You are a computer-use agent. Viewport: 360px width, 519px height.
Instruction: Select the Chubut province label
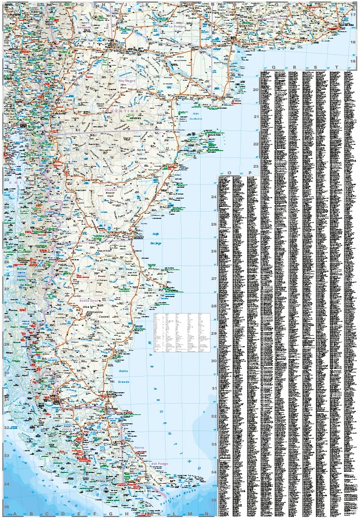pyautogui.click(x=111, y=190)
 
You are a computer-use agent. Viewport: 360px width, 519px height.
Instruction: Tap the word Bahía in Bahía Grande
pyautogui.click(x=123, y=372)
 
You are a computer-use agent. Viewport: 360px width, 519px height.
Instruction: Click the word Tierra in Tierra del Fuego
pyautogui.click(x=140, y=447)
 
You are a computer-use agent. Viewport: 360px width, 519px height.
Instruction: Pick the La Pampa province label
pyautogui.click(x=177, y=25)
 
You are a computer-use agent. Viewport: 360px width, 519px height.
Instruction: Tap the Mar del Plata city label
pyautogui.click(x=346, y=26)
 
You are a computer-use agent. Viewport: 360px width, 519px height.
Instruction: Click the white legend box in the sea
pyautogui.click(x=174, y=332)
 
